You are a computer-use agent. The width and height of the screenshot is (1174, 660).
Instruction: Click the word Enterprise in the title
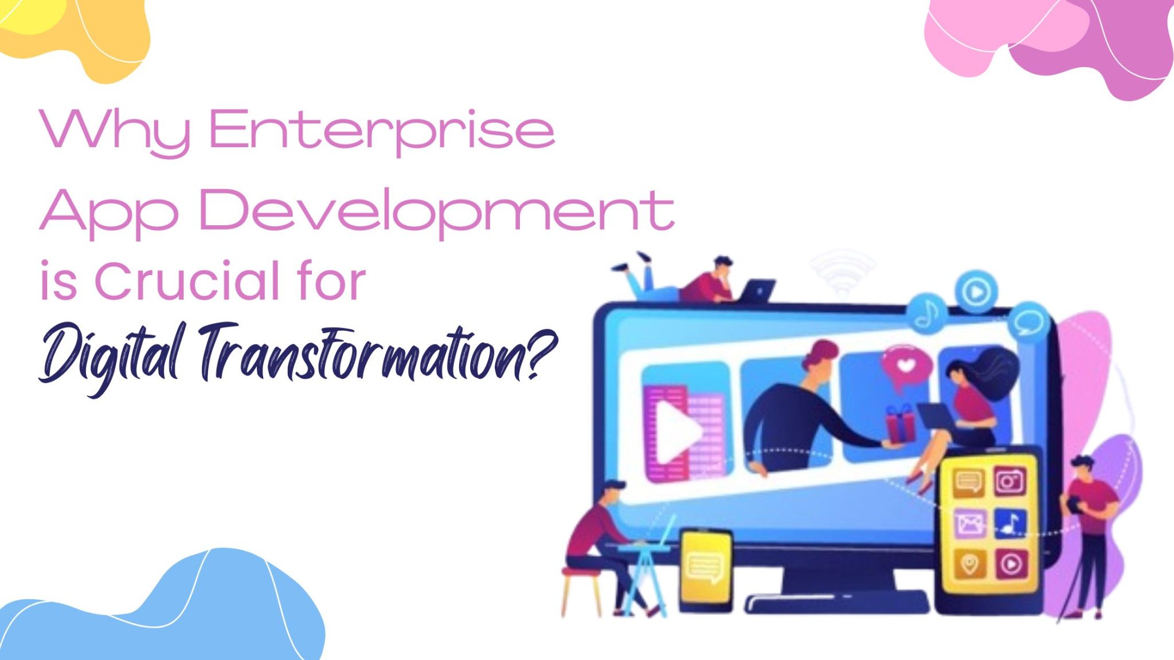(381, 131)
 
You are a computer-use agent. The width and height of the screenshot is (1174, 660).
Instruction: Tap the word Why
(115, 131)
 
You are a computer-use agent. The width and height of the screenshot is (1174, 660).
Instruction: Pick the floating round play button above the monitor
(976, 292)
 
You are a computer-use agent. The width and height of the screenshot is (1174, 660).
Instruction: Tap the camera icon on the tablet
(1010, 481)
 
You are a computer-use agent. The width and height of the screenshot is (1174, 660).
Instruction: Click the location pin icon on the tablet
(969, 564)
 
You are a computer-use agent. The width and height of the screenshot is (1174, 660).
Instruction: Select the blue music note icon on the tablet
(1010, 522)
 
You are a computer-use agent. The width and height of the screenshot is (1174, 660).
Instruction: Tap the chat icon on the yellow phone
(705, 567)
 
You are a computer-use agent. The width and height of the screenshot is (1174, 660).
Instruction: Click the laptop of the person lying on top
(757, 289)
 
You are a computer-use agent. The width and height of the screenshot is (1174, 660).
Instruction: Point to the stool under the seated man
(580, 590)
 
